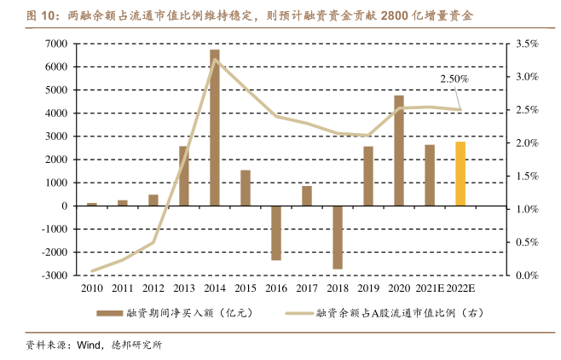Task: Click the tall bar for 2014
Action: (x=215, y=128)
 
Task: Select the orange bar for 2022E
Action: (x=460, y=173)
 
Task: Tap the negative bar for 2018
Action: (x=338, y=237)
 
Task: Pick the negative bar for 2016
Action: (x=276, y=233)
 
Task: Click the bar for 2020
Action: (x=399, y=150)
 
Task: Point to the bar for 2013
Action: (x=184, y=176)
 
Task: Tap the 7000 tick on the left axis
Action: (x=57, y=44)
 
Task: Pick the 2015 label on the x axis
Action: (x=246, y=289)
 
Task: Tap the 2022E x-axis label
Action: (x=460, y=289)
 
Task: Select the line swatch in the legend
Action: (x=296, y=313)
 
